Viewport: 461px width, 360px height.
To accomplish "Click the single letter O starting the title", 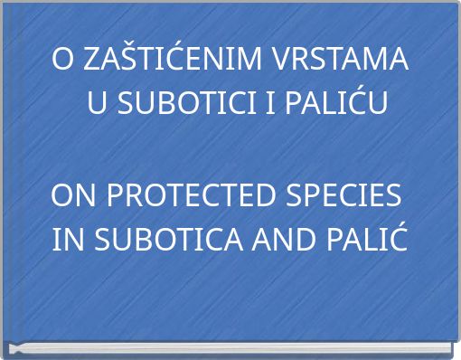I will (x=63, y=61).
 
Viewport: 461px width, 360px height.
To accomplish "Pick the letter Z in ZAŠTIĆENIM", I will (x=92, y=61).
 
